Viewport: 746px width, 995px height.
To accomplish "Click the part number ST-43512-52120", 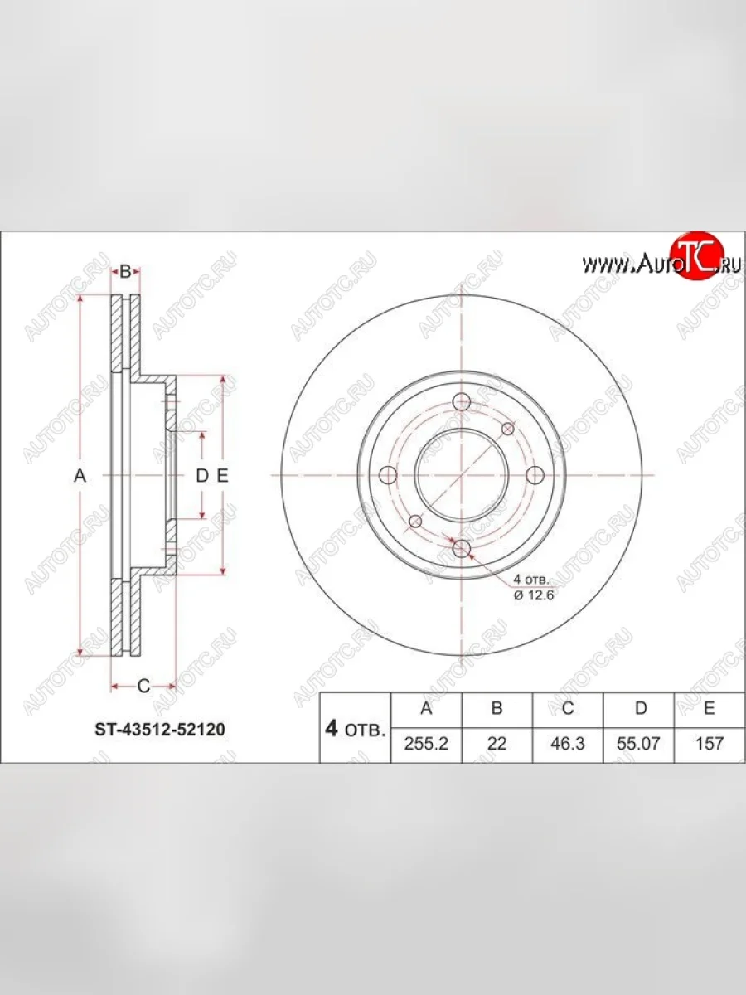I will (158, 730).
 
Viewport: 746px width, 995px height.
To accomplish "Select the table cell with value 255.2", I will (426, 744).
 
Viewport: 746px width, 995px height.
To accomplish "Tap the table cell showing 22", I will (497, 744).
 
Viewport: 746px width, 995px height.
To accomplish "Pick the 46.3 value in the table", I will (568, 744).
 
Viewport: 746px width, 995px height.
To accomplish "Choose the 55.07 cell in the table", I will (639, 744).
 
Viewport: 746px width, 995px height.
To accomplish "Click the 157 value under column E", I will (710, 744).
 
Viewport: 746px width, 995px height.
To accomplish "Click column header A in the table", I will (426, 708).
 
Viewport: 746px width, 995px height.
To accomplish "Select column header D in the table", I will (639, 708).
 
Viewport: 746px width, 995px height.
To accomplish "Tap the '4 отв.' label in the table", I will (355, 729).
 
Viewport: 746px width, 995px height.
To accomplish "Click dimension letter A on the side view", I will (80, 475).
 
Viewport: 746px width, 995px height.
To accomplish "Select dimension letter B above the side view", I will (125, 271).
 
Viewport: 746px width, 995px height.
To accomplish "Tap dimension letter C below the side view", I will (143, 686).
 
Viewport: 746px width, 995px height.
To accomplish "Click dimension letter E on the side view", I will (221, 475).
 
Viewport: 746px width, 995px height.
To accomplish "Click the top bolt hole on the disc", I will (462, 403).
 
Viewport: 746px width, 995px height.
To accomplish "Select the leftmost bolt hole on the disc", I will (388, 475).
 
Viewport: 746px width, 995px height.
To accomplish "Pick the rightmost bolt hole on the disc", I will (535, 475).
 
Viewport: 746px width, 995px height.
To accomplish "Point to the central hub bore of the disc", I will (462, 475).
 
